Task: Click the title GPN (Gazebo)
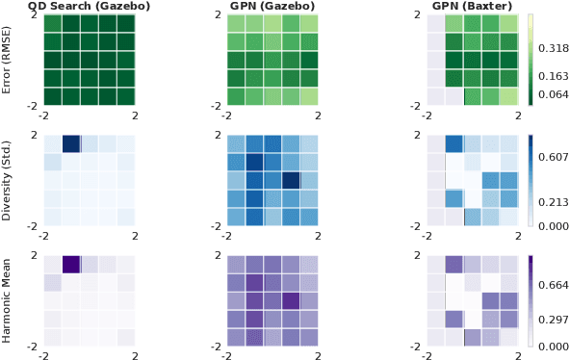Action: point(272,6)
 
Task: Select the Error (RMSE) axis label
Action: point(8,60)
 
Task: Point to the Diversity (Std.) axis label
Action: point(8,180)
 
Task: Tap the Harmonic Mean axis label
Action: point(8,300)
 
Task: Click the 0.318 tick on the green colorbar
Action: point(553,47)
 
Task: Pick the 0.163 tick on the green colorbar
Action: point(553,75)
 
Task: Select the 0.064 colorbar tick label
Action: point(553,93)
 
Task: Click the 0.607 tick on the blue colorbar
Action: point(553,156)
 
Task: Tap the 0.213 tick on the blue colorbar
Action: point(553,202)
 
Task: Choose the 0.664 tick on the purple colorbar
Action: point(553,285)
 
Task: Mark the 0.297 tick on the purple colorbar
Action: point(553,320)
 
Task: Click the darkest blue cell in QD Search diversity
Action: point(70,144)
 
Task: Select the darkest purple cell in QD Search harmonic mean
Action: point(70,264)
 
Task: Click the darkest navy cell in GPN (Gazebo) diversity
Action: point(291,180)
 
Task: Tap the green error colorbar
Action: point(531,60)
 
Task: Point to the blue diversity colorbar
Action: point(531,180)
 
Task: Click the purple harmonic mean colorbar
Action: point(531,300)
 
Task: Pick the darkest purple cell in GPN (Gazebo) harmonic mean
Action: point(291,300)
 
